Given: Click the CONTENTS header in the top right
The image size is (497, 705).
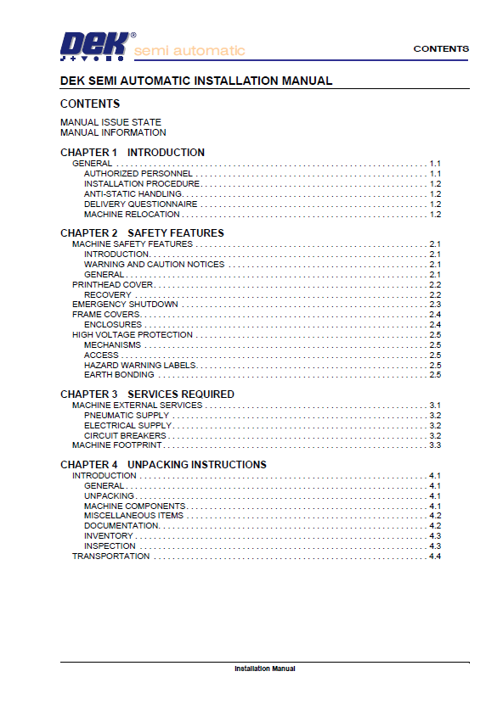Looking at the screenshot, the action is (x=441, y=48).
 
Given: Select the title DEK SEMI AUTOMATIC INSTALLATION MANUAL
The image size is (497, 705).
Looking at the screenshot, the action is (x=196, y=81).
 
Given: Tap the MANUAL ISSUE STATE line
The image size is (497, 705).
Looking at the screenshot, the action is (x=110, y=122).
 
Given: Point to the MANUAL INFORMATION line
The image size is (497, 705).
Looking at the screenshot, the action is (x=113, y=132).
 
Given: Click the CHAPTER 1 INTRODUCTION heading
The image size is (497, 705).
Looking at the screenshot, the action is (x=133, y=153).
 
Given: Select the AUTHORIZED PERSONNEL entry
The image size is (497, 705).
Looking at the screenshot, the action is (x=132, y=173).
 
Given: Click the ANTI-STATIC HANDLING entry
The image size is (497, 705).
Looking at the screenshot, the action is (x=133, y=193).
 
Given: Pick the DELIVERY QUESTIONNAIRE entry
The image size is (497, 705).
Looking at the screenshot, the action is (x=140, y=204).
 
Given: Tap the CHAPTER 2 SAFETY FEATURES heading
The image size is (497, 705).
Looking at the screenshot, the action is (x=142, y=232).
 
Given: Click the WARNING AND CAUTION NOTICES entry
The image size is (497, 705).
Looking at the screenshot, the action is (x=154, y=264).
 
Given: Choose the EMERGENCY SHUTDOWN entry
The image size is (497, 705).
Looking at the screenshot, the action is (x=125, y=304).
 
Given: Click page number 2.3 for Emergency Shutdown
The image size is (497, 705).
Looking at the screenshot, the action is (x=435, y=304).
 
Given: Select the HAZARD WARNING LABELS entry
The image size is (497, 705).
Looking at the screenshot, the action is (x=139, y=365).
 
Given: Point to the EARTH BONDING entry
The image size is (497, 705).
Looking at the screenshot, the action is (x=119, y=374).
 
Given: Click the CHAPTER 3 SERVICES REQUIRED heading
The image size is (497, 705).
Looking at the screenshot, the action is (x=147, y=394).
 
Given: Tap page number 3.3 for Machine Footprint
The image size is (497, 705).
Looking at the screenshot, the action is (x=435, y=445).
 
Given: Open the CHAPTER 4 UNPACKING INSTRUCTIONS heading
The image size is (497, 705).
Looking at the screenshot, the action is (x=163, y=465).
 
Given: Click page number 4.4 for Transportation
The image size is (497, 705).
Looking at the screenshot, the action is (x=435, y=556).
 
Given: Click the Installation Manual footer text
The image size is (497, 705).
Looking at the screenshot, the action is (x=264, y=669).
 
